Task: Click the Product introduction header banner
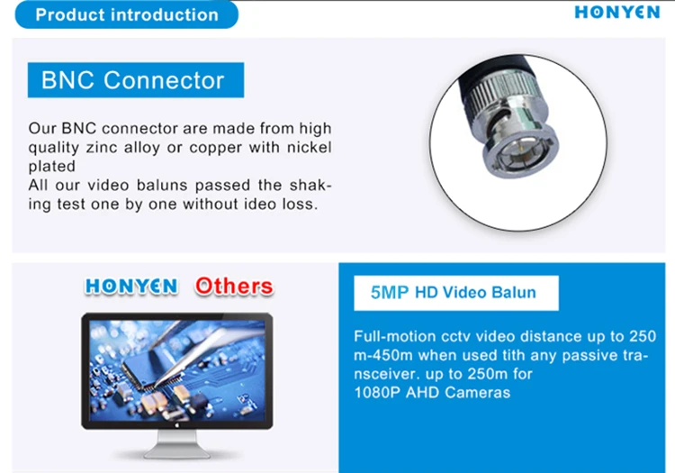click(126, 14)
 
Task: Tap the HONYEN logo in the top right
click(616, 14)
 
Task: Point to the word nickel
click(307, 148)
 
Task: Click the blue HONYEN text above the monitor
click(131, 286)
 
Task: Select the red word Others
click(233, 286)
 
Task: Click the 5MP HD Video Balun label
click(453, 293)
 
